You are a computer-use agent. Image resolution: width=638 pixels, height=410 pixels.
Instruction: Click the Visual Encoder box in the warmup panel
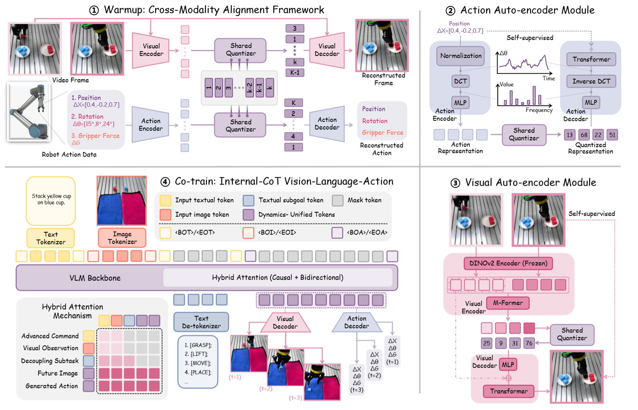pyautogui.click(x=151, y=50)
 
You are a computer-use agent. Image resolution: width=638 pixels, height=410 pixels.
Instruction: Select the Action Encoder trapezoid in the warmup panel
pyautogui.click(x=151, y=124)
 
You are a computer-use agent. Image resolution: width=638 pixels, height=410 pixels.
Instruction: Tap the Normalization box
pyautogui.click(x=461, y=56)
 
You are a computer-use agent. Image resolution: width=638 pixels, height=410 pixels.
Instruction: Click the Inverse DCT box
pyautogui.click(x=591, y=81)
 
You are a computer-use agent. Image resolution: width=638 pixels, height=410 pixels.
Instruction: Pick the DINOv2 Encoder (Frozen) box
pyautogui.click(x=508, y=263)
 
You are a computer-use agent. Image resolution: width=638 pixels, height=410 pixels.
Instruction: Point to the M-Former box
pyautogui.click(x=508, y=303)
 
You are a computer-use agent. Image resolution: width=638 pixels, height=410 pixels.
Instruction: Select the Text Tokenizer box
pyautogui.click(x=51, y=238)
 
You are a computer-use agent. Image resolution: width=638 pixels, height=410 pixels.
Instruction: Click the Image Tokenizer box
pyautogui.click(x=122, y=238)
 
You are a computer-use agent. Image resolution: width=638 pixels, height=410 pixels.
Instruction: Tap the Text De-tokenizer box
pyautogui.click(x=201, y=322)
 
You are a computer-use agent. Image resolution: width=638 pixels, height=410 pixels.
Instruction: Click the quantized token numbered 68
pyautogui.click(x=584, y=135)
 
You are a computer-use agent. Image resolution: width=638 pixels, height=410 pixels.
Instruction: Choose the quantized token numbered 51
pyautogui.click(x=612, y=135)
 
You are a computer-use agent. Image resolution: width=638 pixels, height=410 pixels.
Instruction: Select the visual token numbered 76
pyautogui.click(x=529, y=343)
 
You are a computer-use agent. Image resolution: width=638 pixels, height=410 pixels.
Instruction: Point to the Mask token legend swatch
pyautogui.click(x=338, y=200)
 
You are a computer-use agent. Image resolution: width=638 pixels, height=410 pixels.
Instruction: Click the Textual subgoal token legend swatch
pyautogui.click(x=249, y=200)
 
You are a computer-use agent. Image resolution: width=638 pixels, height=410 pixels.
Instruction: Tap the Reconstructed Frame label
pyautogui.click(x=383, y=79)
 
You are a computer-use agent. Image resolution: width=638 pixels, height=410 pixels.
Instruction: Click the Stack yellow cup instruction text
pyautogui.click(x=51, y=199)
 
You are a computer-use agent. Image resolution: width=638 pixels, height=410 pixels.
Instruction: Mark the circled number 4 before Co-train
pyautogui.click(x=165, y=182)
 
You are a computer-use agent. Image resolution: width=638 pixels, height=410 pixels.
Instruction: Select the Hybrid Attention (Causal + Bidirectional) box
pyautogui.click(x=277, y=278)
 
